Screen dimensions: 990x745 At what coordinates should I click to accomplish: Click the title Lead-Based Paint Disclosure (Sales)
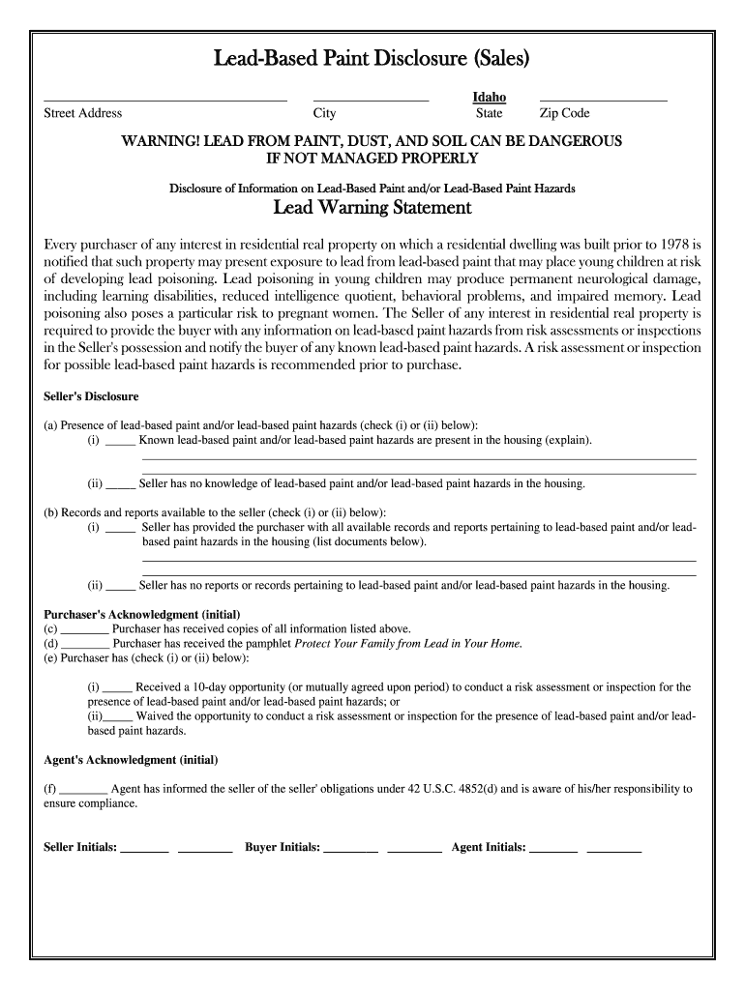click(372, 60)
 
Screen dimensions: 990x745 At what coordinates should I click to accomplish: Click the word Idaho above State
click(489, 98)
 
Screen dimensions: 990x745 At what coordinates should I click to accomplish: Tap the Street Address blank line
click(165, 100)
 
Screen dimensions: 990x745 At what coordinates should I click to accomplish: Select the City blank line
click(371, 100)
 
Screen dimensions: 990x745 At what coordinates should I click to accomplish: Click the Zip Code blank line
click(603, 100)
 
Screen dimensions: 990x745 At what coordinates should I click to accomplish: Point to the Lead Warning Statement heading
click(372, 208)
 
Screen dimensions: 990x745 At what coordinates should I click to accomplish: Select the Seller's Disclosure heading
click(92, 396)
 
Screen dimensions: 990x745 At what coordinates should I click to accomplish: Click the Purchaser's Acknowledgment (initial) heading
click(142, 614)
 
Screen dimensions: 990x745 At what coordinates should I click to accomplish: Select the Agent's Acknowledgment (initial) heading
click(132, 759)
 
